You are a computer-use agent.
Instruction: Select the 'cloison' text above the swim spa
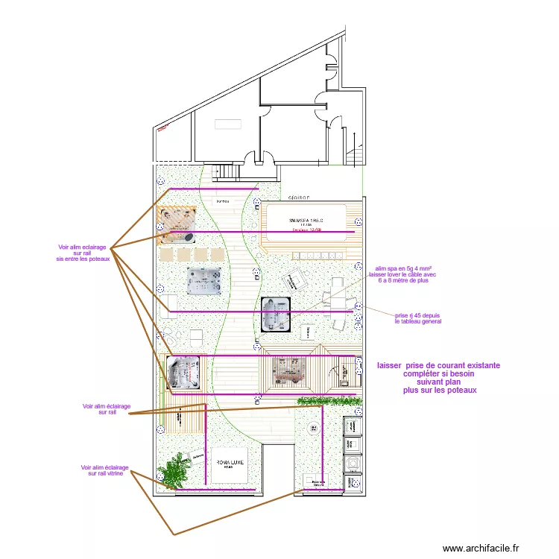point(300,199)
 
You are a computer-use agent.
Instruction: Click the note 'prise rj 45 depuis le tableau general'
point(418,318)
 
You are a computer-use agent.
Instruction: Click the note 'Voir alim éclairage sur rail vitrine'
point(105,470)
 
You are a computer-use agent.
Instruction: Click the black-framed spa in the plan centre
point(275,314)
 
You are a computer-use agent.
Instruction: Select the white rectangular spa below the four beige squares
point(204,281)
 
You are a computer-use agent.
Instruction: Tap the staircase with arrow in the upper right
point(355,152)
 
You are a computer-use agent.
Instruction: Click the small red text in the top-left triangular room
point(164,127)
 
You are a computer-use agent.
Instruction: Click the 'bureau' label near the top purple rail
point(222,202)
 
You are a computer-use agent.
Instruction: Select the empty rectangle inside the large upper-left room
point(229,126)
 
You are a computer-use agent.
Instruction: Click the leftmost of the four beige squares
point(165,253)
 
